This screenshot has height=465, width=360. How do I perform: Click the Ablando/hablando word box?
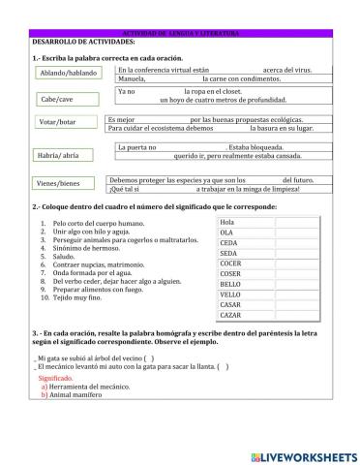pos(67,73)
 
